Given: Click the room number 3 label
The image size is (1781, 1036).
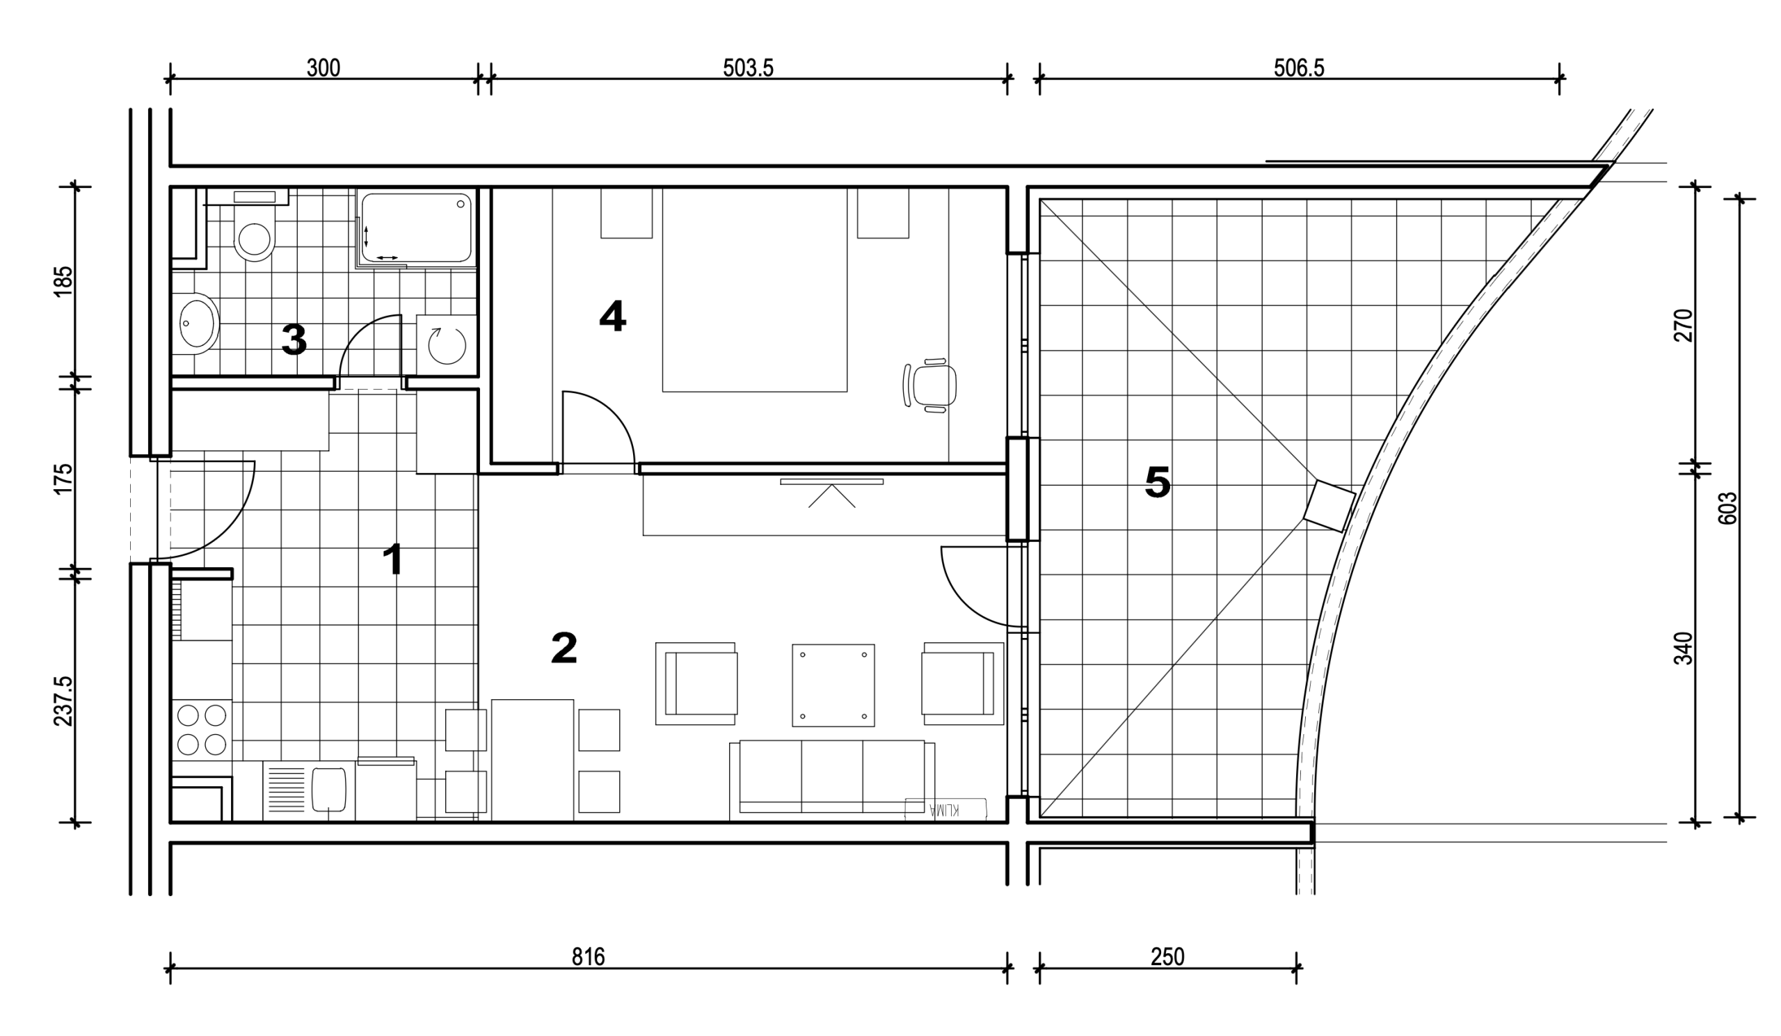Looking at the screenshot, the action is click(294, 340).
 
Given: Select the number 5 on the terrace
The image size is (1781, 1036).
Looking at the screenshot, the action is click(1158, 483).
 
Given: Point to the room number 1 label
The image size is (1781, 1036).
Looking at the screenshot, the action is click(393, 559).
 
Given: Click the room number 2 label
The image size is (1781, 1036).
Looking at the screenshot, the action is click(564, 647).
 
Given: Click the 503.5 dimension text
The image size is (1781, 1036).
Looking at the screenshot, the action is click(748, 68).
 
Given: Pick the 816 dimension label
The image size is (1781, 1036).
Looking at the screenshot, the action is click(588, 957).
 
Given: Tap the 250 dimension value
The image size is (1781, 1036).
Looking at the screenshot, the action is click(1167, 957).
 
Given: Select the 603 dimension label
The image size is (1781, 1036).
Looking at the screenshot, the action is click(1727, 508).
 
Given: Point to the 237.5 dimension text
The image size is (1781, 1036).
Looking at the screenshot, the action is click(63, 701).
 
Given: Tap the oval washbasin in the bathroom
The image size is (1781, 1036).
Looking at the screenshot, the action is click(195, 324).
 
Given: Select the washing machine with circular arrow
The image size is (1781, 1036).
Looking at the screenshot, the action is click(447, 345).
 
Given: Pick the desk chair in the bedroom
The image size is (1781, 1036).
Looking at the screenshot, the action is click(930, 385).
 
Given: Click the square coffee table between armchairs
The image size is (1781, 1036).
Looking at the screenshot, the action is click(833, 685).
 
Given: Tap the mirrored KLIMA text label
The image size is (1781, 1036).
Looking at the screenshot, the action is click(944, 809).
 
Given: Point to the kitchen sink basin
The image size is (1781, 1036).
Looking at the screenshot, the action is click(328, 790).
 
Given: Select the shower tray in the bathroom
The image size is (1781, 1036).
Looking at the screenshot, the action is click(416, 228).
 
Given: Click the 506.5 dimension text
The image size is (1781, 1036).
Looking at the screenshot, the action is click(1299, 68).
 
